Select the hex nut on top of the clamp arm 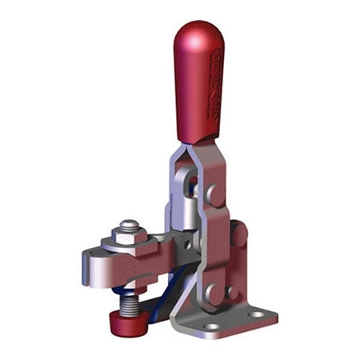click(x=130, y=238)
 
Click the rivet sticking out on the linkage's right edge click(x=238, y=234)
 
